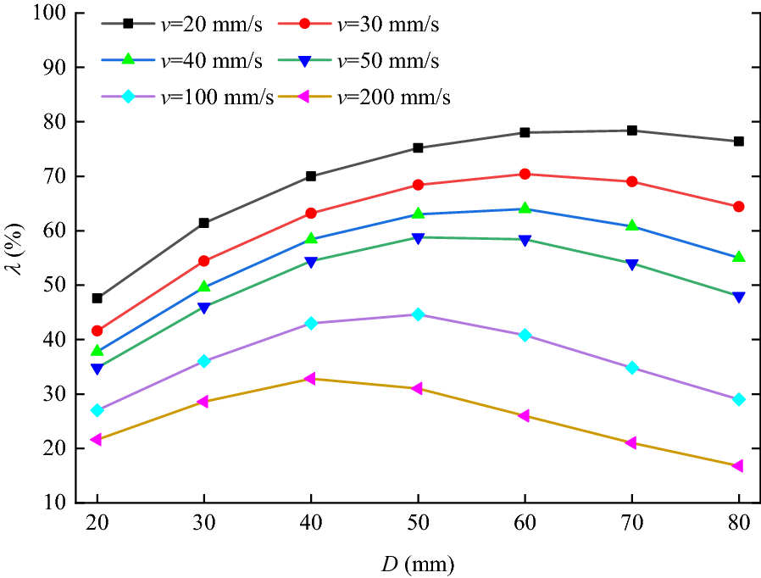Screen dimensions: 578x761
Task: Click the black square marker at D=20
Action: tap(97, 298)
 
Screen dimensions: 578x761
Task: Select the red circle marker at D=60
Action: tap(525, 174)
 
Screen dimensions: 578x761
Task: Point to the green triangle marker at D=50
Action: tap(417, 214)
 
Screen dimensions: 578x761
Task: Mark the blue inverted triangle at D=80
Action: tap(738, 297)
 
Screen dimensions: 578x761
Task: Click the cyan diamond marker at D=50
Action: tap(417, 314)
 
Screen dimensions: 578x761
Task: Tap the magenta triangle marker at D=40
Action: tap(310, 379)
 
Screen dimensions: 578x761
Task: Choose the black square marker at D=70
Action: tap(631, 131)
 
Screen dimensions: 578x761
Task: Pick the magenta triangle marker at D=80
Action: tap(738, 466)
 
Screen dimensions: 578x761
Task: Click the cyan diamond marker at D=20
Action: tap(97, 410)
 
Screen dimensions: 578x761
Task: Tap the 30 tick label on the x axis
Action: tap(203, 525)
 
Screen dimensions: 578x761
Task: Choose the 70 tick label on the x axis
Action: tap(631, 525)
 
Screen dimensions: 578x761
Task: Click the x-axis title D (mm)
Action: tap(417, 561)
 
